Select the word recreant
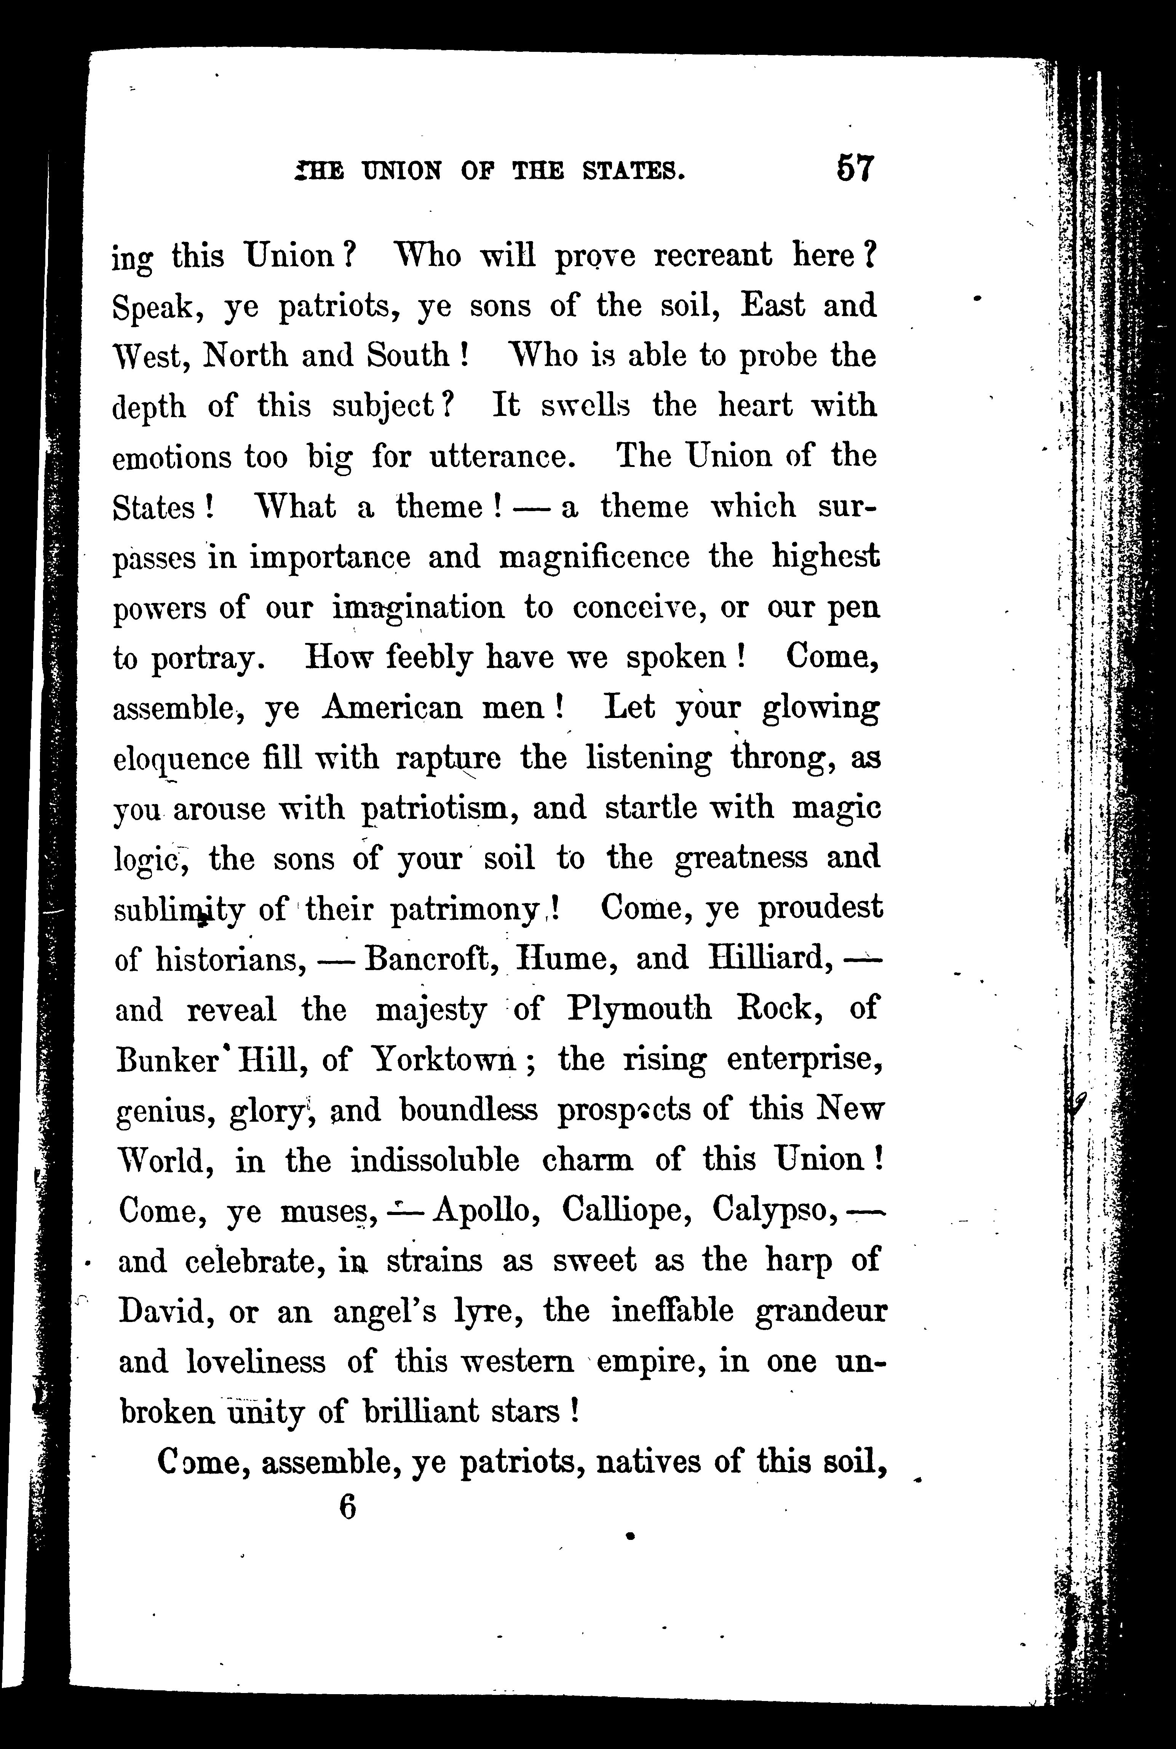coord(713,256)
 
